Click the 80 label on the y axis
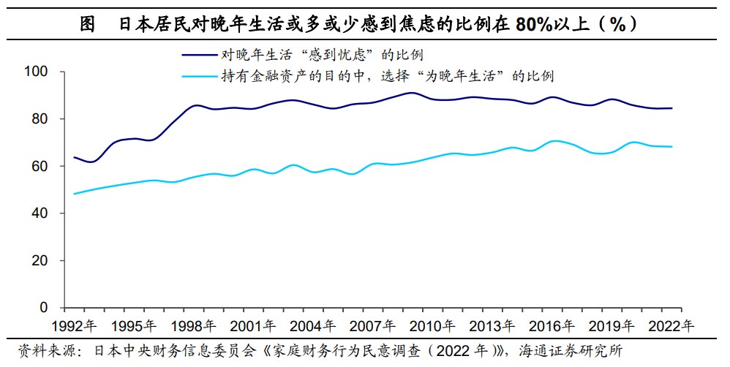39,119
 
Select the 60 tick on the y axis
39,166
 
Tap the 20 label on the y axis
39,260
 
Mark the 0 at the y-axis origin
44,308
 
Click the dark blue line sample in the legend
200,54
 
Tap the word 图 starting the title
87,23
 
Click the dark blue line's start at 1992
75,157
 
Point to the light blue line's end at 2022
672,147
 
